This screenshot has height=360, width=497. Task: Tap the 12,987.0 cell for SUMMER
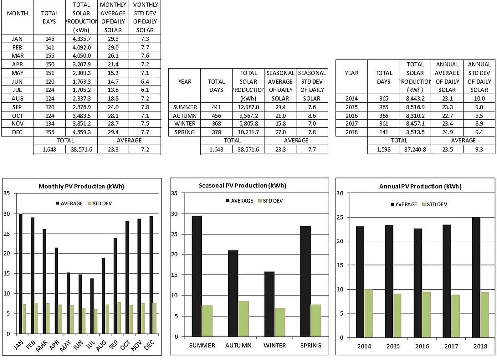247,107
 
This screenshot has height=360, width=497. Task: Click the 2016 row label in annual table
351,115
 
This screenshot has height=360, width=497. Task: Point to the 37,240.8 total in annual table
415,149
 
